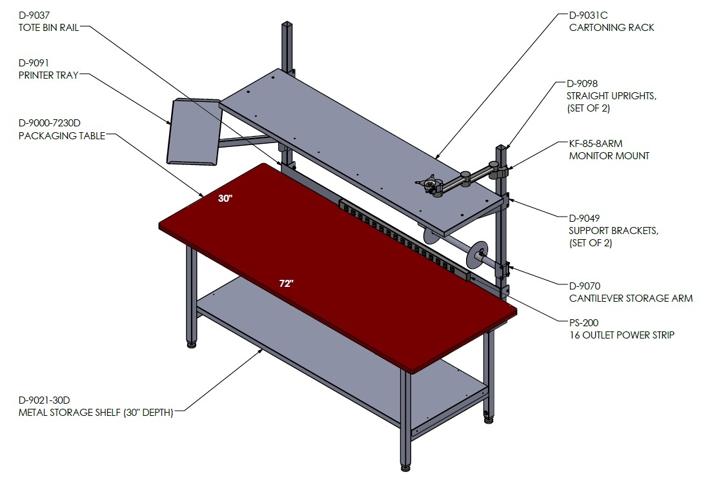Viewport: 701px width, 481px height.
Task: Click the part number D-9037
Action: coord(34,15)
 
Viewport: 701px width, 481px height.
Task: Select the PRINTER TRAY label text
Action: coord(48,75)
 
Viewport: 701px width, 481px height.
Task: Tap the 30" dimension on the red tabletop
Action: coord(225,199)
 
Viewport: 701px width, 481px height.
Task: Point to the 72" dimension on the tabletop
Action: coord(286,283)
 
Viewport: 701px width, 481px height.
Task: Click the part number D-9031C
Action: coord(588,15)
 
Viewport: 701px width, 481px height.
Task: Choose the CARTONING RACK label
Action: coord(611,28)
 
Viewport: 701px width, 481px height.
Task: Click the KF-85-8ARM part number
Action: coord(596,143)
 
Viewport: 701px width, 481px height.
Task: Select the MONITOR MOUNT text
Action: coord(609,156)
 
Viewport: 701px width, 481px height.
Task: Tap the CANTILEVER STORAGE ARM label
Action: coord(631,298)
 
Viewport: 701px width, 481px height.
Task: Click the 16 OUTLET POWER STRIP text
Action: coord(622,335)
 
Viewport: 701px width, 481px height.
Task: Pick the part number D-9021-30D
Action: coord(45,400)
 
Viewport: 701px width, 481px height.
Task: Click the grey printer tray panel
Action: coord(194,132)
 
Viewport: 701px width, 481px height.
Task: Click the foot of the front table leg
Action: coord(405,467)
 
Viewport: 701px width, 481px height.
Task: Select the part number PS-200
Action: coord(584,322)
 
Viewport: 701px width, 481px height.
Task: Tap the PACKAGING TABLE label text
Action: coord(62,136)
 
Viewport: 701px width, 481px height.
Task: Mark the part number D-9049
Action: coord(584,219)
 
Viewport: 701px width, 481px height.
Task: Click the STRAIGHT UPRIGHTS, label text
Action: coord(611,96)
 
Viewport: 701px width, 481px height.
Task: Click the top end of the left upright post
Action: coord(287,23)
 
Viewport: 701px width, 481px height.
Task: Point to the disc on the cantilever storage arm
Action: coord(476,255)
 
